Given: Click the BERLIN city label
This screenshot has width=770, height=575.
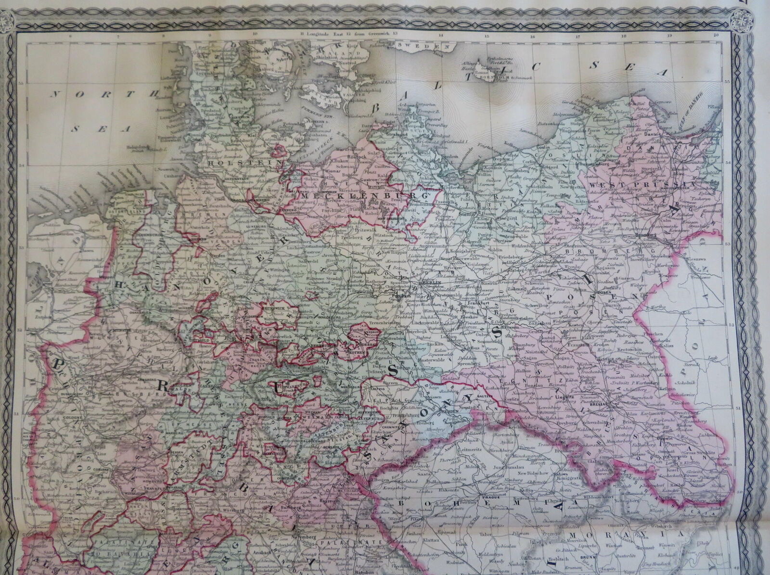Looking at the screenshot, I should click(430, 282).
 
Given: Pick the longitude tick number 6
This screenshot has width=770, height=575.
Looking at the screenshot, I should click(70, 34).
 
